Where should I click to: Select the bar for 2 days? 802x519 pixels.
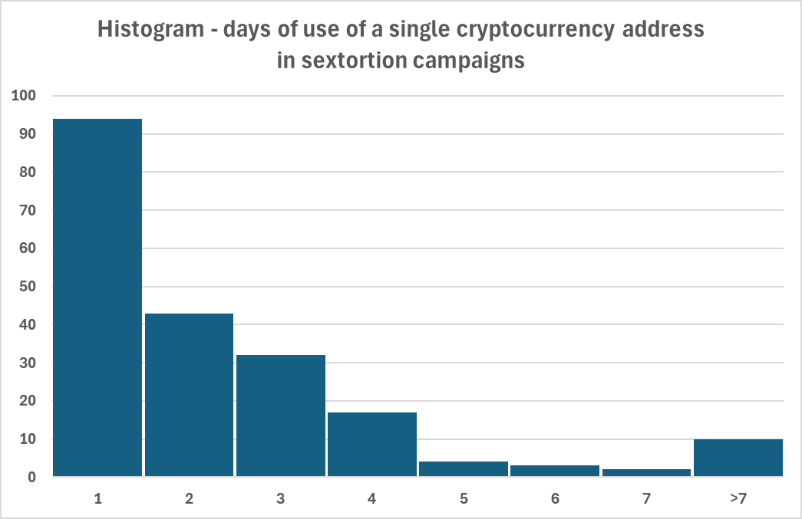tap(189, 395)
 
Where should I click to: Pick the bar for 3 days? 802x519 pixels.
tap(281, 416)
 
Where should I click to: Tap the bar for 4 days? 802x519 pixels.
tap(372, 445)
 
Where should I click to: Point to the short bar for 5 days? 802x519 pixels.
tap(464, 469)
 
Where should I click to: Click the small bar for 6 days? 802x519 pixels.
tap(555, 471)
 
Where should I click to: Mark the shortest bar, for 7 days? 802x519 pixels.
tap(646, 473)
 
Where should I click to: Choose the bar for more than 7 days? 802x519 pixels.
tap(738, 458)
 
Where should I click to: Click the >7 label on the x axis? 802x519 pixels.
tap(738, 499)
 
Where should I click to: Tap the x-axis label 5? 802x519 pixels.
tap(464, 499)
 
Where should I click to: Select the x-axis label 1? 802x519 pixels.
tap(97, 499)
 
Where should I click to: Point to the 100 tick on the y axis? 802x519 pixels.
tap(24, 96)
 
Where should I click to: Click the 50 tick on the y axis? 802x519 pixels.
tap(28, 287)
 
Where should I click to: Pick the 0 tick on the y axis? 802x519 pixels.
tap(32, 478)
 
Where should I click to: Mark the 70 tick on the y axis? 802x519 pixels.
tap(28, 210)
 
